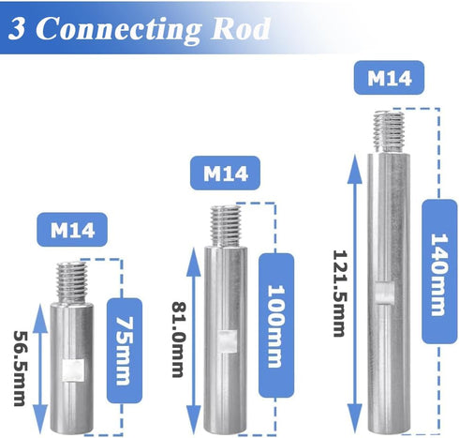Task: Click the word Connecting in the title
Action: [121, 30]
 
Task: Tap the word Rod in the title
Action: [241, 28]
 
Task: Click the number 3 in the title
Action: [17, 28]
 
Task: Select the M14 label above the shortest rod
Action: [72, 230]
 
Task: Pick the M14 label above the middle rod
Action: [226, 174]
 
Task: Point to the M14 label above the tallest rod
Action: [389, 78]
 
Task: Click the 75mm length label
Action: [125, 351]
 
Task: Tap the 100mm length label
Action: [276, 325]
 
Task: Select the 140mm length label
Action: [439, 272]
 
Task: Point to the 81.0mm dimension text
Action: [179, 340]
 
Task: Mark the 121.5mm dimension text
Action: [339, 294]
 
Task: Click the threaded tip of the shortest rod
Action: [71, 282]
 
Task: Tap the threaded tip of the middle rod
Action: [226, 226]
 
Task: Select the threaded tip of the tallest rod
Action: [389, 131]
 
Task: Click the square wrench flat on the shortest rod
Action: [73, 370]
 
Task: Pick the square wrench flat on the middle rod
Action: [227, 341]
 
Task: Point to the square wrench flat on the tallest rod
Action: [385, 293]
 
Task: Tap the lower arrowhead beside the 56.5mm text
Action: [40, 418]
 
